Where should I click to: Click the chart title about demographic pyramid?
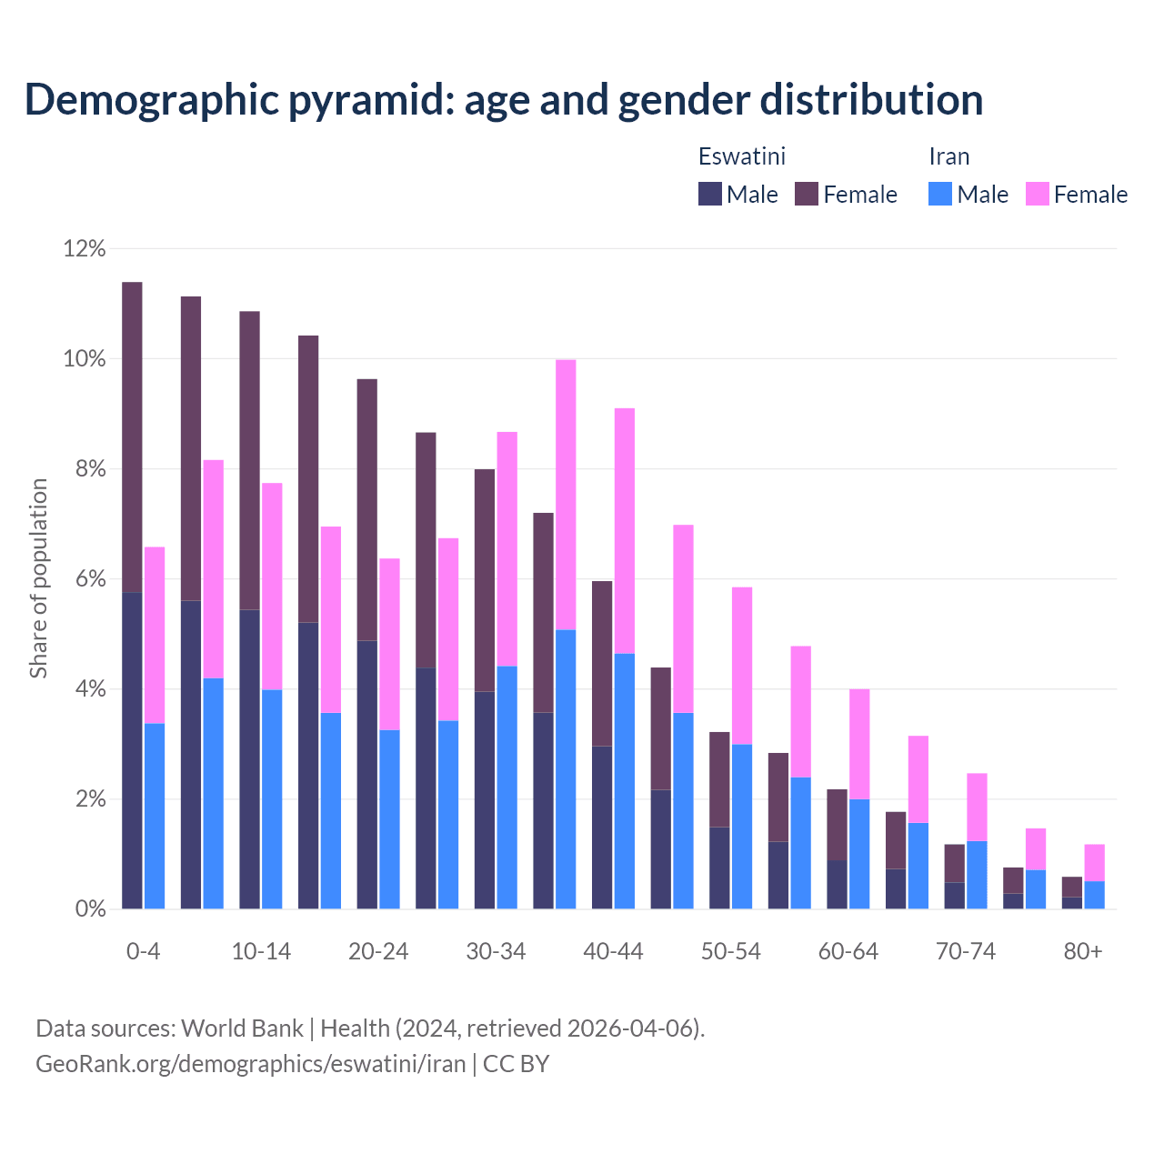[x=504, y=99]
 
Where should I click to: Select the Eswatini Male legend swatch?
[x=710, y=194]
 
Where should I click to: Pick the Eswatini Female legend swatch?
[x=807, y=194]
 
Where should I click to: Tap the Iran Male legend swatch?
[x=940, y=194]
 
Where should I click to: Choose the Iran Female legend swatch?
[x=1038, y=194]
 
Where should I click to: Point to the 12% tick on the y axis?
[x=85, y=248]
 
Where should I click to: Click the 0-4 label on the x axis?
[x=144, y=951]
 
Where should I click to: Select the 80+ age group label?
[x=1083, y=951]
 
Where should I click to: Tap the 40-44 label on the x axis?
[x=613, y=951]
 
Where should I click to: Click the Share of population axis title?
[x=38, y=578]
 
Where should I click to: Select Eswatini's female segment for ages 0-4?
[x=132, y=436]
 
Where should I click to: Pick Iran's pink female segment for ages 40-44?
[x=625, y=530]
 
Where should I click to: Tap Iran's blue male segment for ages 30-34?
[x=507, y=787]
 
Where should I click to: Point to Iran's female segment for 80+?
[x=1095, y=862]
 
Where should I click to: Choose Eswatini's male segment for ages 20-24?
[x=367, y=774]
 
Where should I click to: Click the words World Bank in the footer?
[x=242, y=1029]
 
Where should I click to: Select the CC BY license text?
[x=517, y=1064]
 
